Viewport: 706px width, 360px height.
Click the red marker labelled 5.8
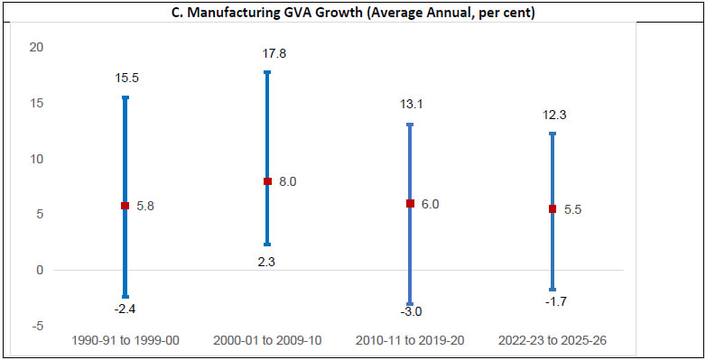(125, 206)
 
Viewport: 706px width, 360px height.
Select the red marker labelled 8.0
(267, 181)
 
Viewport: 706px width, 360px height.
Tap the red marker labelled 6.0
(410, 204)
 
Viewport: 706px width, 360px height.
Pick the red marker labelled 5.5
(553, 209)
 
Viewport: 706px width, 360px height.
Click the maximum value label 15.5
(126, 78)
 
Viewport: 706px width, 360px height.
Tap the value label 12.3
(553, 115)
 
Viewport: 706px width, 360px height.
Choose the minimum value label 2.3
(268, 261)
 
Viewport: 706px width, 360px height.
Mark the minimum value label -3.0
(410, 312)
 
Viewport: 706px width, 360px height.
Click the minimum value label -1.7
(553, 302)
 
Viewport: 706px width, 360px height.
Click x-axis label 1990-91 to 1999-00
(125, 341)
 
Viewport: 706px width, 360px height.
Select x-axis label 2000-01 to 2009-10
(268, 341)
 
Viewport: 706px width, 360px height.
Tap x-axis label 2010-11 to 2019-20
(410, 341)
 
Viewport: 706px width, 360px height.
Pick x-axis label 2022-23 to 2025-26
(553, 341)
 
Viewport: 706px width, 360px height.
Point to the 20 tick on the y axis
(35, 47)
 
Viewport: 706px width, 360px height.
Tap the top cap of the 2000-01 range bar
(267, 72)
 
